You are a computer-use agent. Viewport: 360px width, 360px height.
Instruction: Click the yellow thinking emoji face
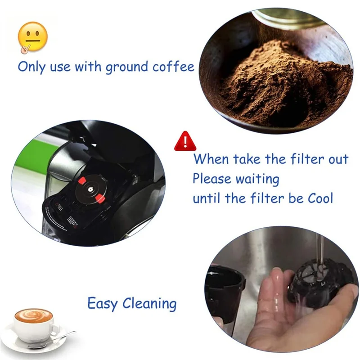pos(32,36)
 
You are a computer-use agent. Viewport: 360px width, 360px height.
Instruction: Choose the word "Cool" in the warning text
pos(318,198)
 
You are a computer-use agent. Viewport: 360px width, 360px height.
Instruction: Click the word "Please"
pos(211,179)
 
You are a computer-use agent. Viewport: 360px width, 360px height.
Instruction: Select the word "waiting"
pos(257,179)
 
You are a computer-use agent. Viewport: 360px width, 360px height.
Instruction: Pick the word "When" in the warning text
pos(211,159)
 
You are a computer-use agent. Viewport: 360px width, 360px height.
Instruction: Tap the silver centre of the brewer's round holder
pos(90,190)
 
